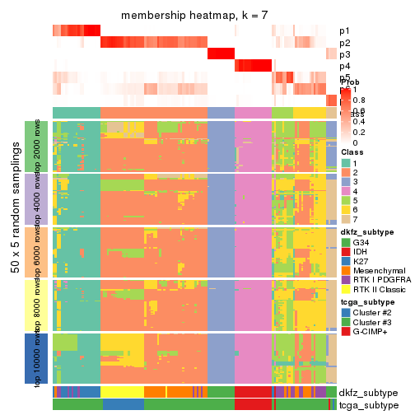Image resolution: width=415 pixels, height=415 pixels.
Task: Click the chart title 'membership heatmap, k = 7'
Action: click(194, 16)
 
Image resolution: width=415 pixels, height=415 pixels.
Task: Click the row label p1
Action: click(344, 31)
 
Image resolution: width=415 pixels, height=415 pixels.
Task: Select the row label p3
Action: click(344, 54)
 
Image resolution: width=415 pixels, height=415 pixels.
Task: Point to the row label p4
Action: click(344, 66)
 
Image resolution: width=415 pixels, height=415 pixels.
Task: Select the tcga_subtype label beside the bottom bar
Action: click(368, 404)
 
